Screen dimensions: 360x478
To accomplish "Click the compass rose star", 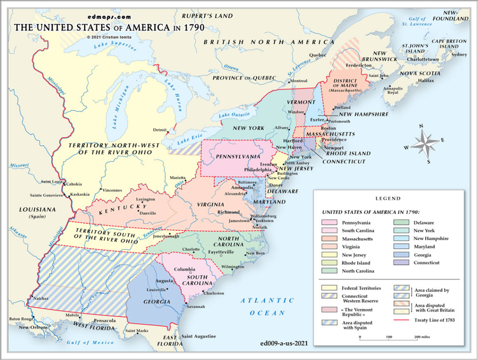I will coord(424,143).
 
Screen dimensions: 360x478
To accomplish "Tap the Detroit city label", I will coord(159,130).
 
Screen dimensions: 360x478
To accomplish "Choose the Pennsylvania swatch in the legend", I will coord(330,223).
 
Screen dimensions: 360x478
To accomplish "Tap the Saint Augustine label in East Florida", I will coord(199,336).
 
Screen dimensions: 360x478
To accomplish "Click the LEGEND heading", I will coord(388,198).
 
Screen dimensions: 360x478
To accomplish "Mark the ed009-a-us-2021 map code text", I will coord(286,344).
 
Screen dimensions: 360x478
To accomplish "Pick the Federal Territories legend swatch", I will coord(330,288).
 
